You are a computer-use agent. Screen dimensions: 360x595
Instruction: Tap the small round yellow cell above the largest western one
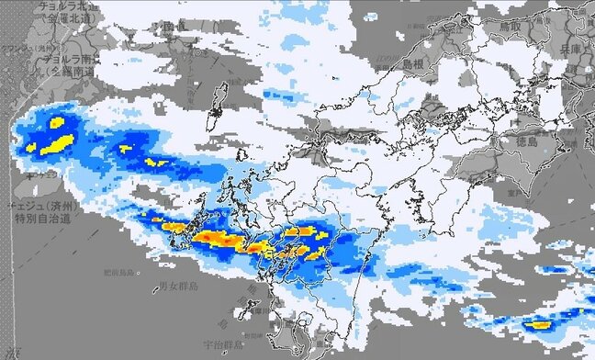(57, 121)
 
